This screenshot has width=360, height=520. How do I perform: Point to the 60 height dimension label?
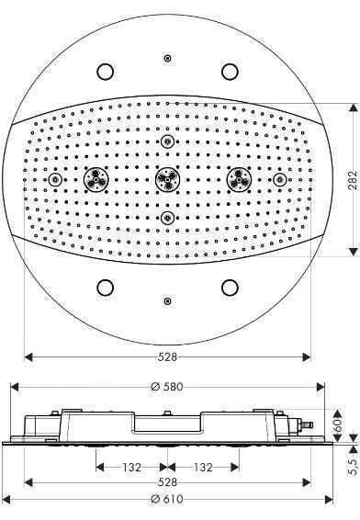click(338, 425)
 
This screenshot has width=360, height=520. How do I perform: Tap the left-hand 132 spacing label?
click(131, 468)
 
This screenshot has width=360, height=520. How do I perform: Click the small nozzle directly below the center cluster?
click(166, 217)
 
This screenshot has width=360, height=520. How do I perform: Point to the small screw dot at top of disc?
click(166, 59)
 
